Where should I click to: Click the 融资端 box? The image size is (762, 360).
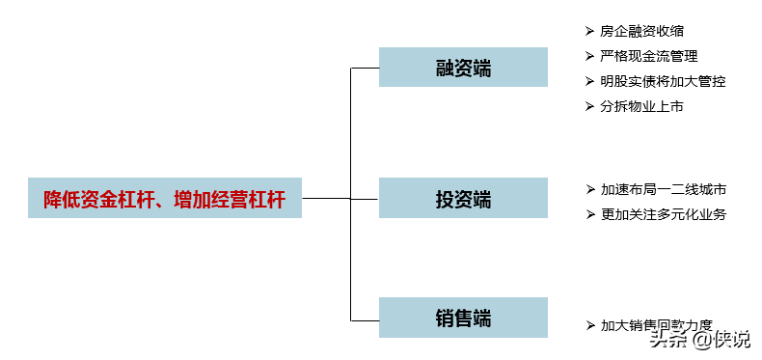(x=463, y=68)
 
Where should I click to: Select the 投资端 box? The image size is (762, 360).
(x=463, y=198)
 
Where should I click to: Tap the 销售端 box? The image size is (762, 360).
(x=463, y=318)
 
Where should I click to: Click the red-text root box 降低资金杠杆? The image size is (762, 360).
(x=164, y=198)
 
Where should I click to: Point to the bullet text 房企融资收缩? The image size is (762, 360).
(x=642, y=32)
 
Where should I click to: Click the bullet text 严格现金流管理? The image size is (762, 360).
(x=649, y=57)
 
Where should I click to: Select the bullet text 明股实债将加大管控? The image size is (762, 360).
(x=663, y=81)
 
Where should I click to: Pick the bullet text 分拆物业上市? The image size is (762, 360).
(x=642, y=106)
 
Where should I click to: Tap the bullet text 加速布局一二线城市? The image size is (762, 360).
(x=663, y=189)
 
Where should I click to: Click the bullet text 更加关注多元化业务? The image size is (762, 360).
(x=663, y=214)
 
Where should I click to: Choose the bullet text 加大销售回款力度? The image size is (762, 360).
(x=656, y=325)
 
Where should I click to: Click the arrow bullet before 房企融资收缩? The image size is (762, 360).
(x=589, y=32)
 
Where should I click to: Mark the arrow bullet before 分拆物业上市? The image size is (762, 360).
(x=589, y=106)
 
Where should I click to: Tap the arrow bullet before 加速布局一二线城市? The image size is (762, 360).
(x=589, y=189)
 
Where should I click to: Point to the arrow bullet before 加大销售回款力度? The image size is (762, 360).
(x=589, y=325)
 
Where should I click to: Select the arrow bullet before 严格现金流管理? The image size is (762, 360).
(x=589, y=57)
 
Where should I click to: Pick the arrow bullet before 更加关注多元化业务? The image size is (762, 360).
(x=589, y=214)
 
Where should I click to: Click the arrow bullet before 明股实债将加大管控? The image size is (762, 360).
(x=589, y=81)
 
